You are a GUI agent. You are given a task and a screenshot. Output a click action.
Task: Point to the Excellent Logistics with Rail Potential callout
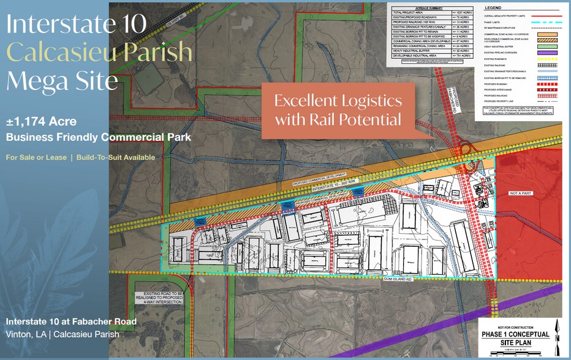click(x=338, y=110)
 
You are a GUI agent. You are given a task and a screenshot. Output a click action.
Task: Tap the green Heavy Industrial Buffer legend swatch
click(x=547, y=46)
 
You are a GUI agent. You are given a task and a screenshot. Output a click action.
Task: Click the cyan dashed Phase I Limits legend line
click(x=547, y=21)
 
